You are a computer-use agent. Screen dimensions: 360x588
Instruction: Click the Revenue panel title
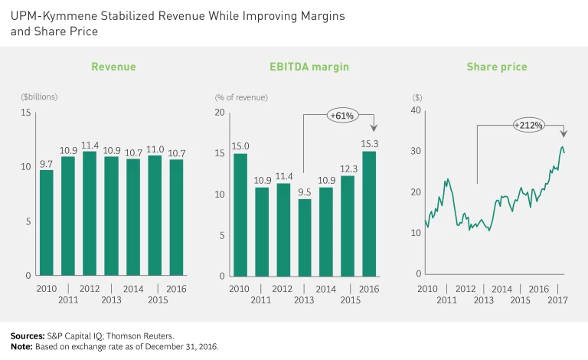(113, 67)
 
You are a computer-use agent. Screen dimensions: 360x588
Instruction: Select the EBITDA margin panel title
(309, 67)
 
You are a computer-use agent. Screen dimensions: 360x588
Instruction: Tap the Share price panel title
(497, 67)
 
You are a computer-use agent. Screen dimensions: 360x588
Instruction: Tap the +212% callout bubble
(529, 125)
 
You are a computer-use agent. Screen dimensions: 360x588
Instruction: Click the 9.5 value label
(305, 192)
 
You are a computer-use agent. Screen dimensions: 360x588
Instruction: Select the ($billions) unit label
(39, 97)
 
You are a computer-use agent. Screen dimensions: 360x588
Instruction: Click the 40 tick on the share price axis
(416, 110)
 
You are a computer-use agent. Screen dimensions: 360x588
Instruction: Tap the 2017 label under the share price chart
(559, 300)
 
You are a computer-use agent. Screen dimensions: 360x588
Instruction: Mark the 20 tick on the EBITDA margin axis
(220, 113)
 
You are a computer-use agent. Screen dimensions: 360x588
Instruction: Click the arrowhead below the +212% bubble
(564, 133)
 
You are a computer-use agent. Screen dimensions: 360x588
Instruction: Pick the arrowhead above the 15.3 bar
(374, 128)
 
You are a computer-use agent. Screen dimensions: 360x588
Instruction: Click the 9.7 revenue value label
(46, 164)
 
